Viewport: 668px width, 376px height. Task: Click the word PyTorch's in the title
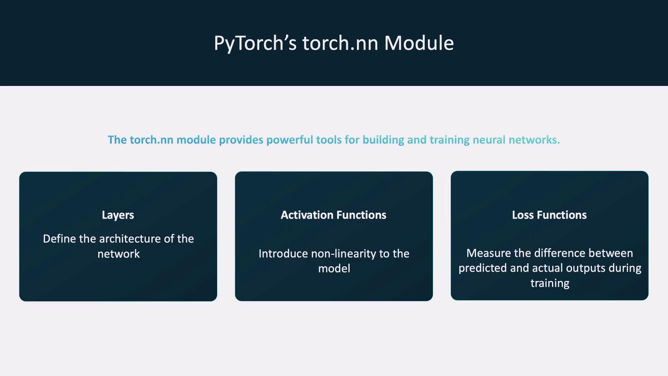click(x=255, y=44)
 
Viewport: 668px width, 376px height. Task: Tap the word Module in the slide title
click(x=419, y=43)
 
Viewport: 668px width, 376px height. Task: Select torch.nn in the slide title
click(x=340, y=43)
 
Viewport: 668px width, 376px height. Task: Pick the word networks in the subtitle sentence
click(x=534, y=140)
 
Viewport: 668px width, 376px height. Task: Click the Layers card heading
click(x=118, y=215)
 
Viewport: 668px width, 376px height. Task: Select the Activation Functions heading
click(x=334, y=215)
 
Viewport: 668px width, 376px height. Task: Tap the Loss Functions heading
click(x=549, y=215)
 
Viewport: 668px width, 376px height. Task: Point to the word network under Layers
click(x=119, y=254)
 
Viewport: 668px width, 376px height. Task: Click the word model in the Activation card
click(x=334, y=268)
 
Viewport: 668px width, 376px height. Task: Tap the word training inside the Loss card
click(x=550, y=283)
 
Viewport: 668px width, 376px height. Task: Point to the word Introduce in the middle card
click(x=283, y=253)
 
